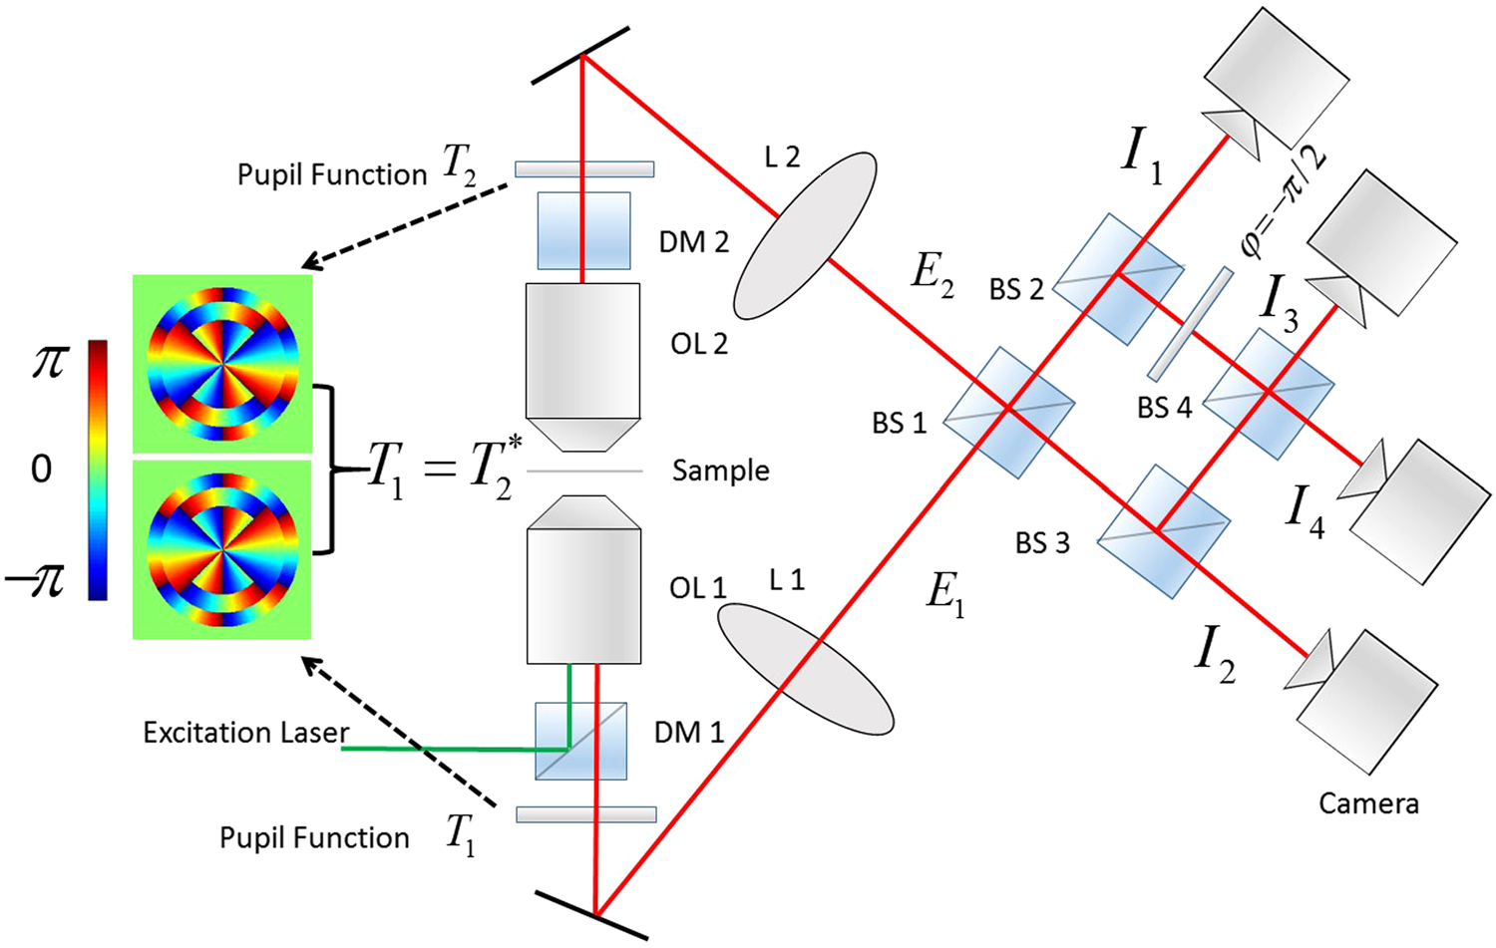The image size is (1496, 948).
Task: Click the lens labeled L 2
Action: pyautogui.click(x=805, y=235)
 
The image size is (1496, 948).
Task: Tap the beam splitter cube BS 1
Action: pyautogui.click(x=1008, y=408)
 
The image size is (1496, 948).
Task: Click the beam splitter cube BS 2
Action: pyautogui.click(x=1118, y=278)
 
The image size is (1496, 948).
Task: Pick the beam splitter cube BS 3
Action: pyautogui.click(x=1163, y=530)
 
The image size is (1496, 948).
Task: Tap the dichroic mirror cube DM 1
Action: pyautogui.click(x=580, y=741)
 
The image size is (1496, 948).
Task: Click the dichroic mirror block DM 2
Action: pyautogui.click(x=583, y=230)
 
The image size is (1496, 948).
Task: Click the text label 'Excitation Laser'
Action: pyautogui.click(x=245, y=733)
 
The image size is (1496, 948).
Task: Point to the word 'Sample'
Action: pyautogui.click(x=720, y=471)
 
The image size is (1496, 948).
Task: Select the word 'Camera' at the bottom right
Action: pyautogui.click(x=1367, y=803)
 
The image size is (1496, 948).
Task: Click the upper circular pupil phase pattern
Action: pyautogui.click(x=222, y=364)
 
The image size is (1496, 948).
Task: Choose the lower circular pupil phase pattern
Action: pyautogui.click(x=222, y=549)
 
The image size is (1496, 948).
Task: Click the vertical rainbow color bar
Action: pyautogui.click(x=98, y=470)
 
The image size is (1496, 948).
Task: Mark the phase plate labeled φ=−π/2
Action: pyautogui.click(x=1189, y=324)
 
